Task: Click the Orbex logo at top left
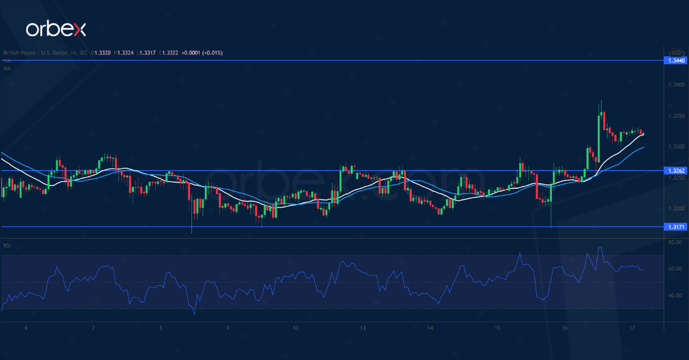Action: (55, 29)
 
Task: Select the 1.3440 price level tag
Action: (675, 60)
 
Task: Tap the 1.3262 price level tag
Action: (675, 171)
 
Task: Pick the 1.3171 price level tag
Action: (675, 227)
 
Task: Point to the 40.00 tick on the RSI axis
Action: (675, 296)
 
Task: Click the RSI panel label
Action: (7, 246)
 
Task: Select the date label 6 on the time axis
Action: (26, 328)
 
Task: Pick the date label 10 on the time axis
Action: (295, 328)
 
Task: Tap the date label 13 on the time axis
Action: (363, 328)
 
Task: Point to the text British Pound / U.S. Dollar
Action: (32, 52)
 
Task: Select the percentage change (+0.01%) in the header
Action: (211, 52)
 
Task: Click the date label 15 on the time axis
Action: (497, 328)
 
